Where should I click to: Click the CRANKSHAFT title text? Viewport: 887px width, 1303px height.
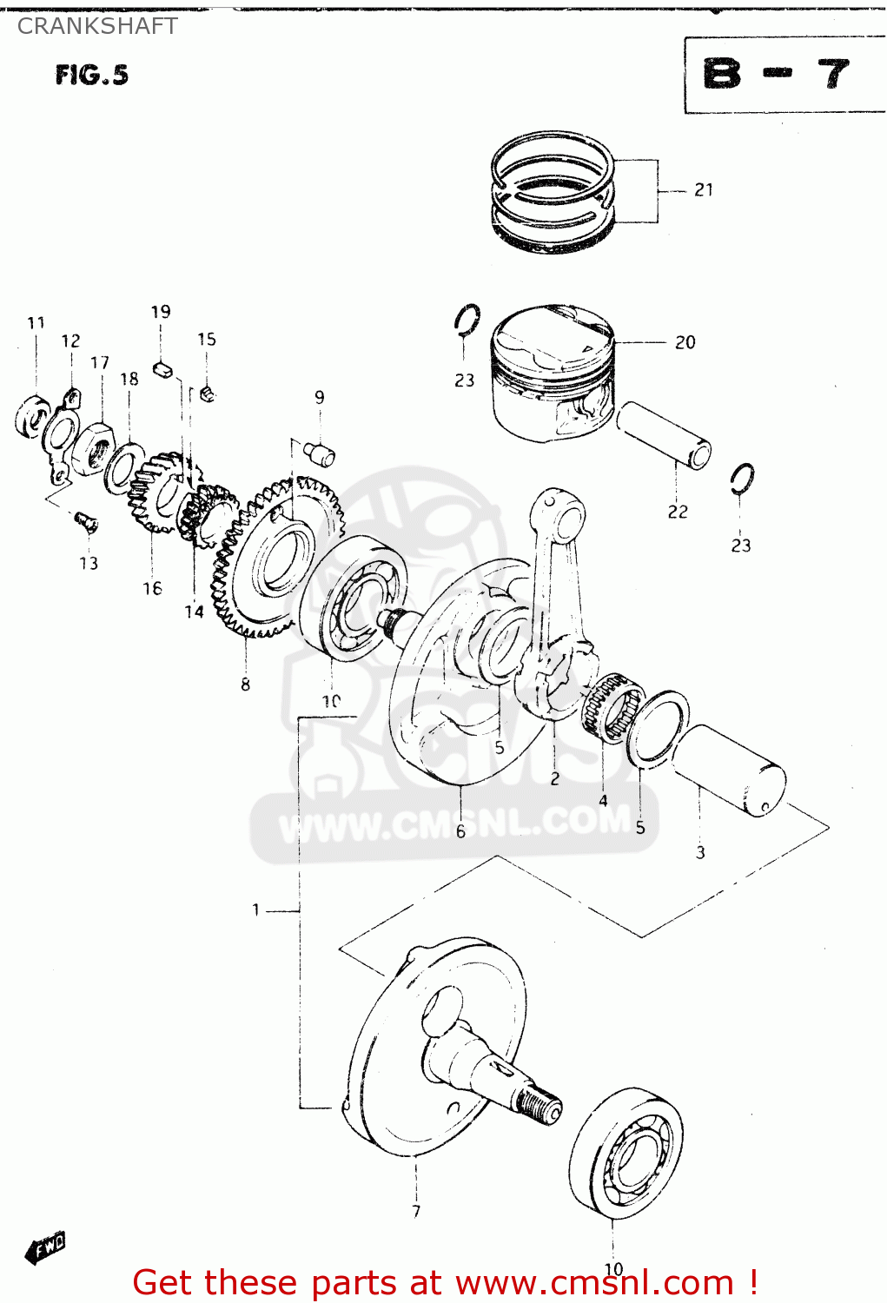click(97, 26)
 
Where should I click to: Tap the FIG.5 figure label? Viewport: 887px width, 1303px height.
click(91, 76)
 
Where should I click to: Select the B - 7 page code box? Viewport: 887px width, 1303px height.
click(778, 75)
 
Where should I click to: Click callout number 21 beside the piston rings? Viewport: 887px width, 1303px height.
click(704, 189)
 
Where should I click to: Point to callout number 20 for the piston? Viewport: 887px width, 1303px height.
click(685, 342)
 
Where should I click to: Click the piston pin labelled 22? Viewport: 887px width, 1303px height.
click(665, 434)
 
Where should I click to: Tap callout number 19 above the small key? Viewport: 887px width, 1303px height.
click(161, 312)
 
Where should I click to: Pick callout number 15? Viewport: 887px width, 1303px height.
click(206, 340)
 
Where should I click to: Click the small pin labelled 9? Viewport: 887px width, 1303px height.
click(321, 453)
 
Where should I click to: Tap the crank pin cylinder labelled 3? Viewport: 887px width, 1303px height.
click(730, 770)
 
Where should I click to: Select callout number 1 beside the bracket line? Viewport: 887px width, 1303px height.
click(255, 909)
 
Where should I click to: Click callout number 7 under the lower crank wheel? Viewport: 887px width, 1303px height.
click(416, 1211)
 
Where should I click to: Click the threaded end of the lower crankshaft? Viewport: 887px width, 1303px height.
click(539, 1108)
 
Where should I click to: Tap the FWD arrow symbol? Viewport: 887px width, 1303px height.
click(46, 1248)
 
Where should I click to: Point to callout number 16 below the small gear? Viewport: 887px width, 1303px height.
click(152, 588)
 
